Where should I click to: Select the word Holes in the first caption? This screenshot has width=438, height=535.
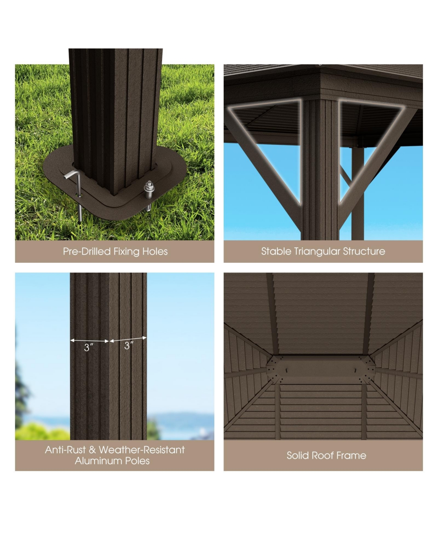pyautogui.click(x=155, y=251)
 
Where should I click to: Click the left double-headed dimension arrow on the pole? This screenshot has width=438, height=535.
pyautogui.click(x=89, y=341)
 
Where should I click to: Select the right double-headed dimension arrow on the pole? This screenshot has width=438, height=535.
pyautogui.click(x=128, y=339)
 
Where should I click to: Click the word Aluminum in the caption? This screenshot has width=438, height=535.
pyautogui.click(x=96, y=461)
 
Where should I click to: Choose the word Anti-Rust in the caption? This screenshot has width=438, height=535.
pyautogui.click(x=65, y=450)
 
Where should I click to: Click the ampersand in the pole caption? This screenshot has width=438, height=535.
pyautogui.click(x=92, y=450)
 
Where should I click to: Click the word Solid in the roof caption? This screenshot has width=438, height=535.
pyautogui.click(x=298, y=455)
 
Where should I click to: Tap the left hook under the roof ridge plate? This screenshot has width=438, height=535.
pyautogui.click(x=287, y=371)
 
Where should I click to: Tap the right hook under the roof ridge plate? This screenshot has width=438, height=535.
pyautogui.click(x=355, y=371)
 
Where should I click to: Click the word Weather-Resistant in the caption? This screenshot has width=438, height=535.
pyautogui.click(x=142, y=450)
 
